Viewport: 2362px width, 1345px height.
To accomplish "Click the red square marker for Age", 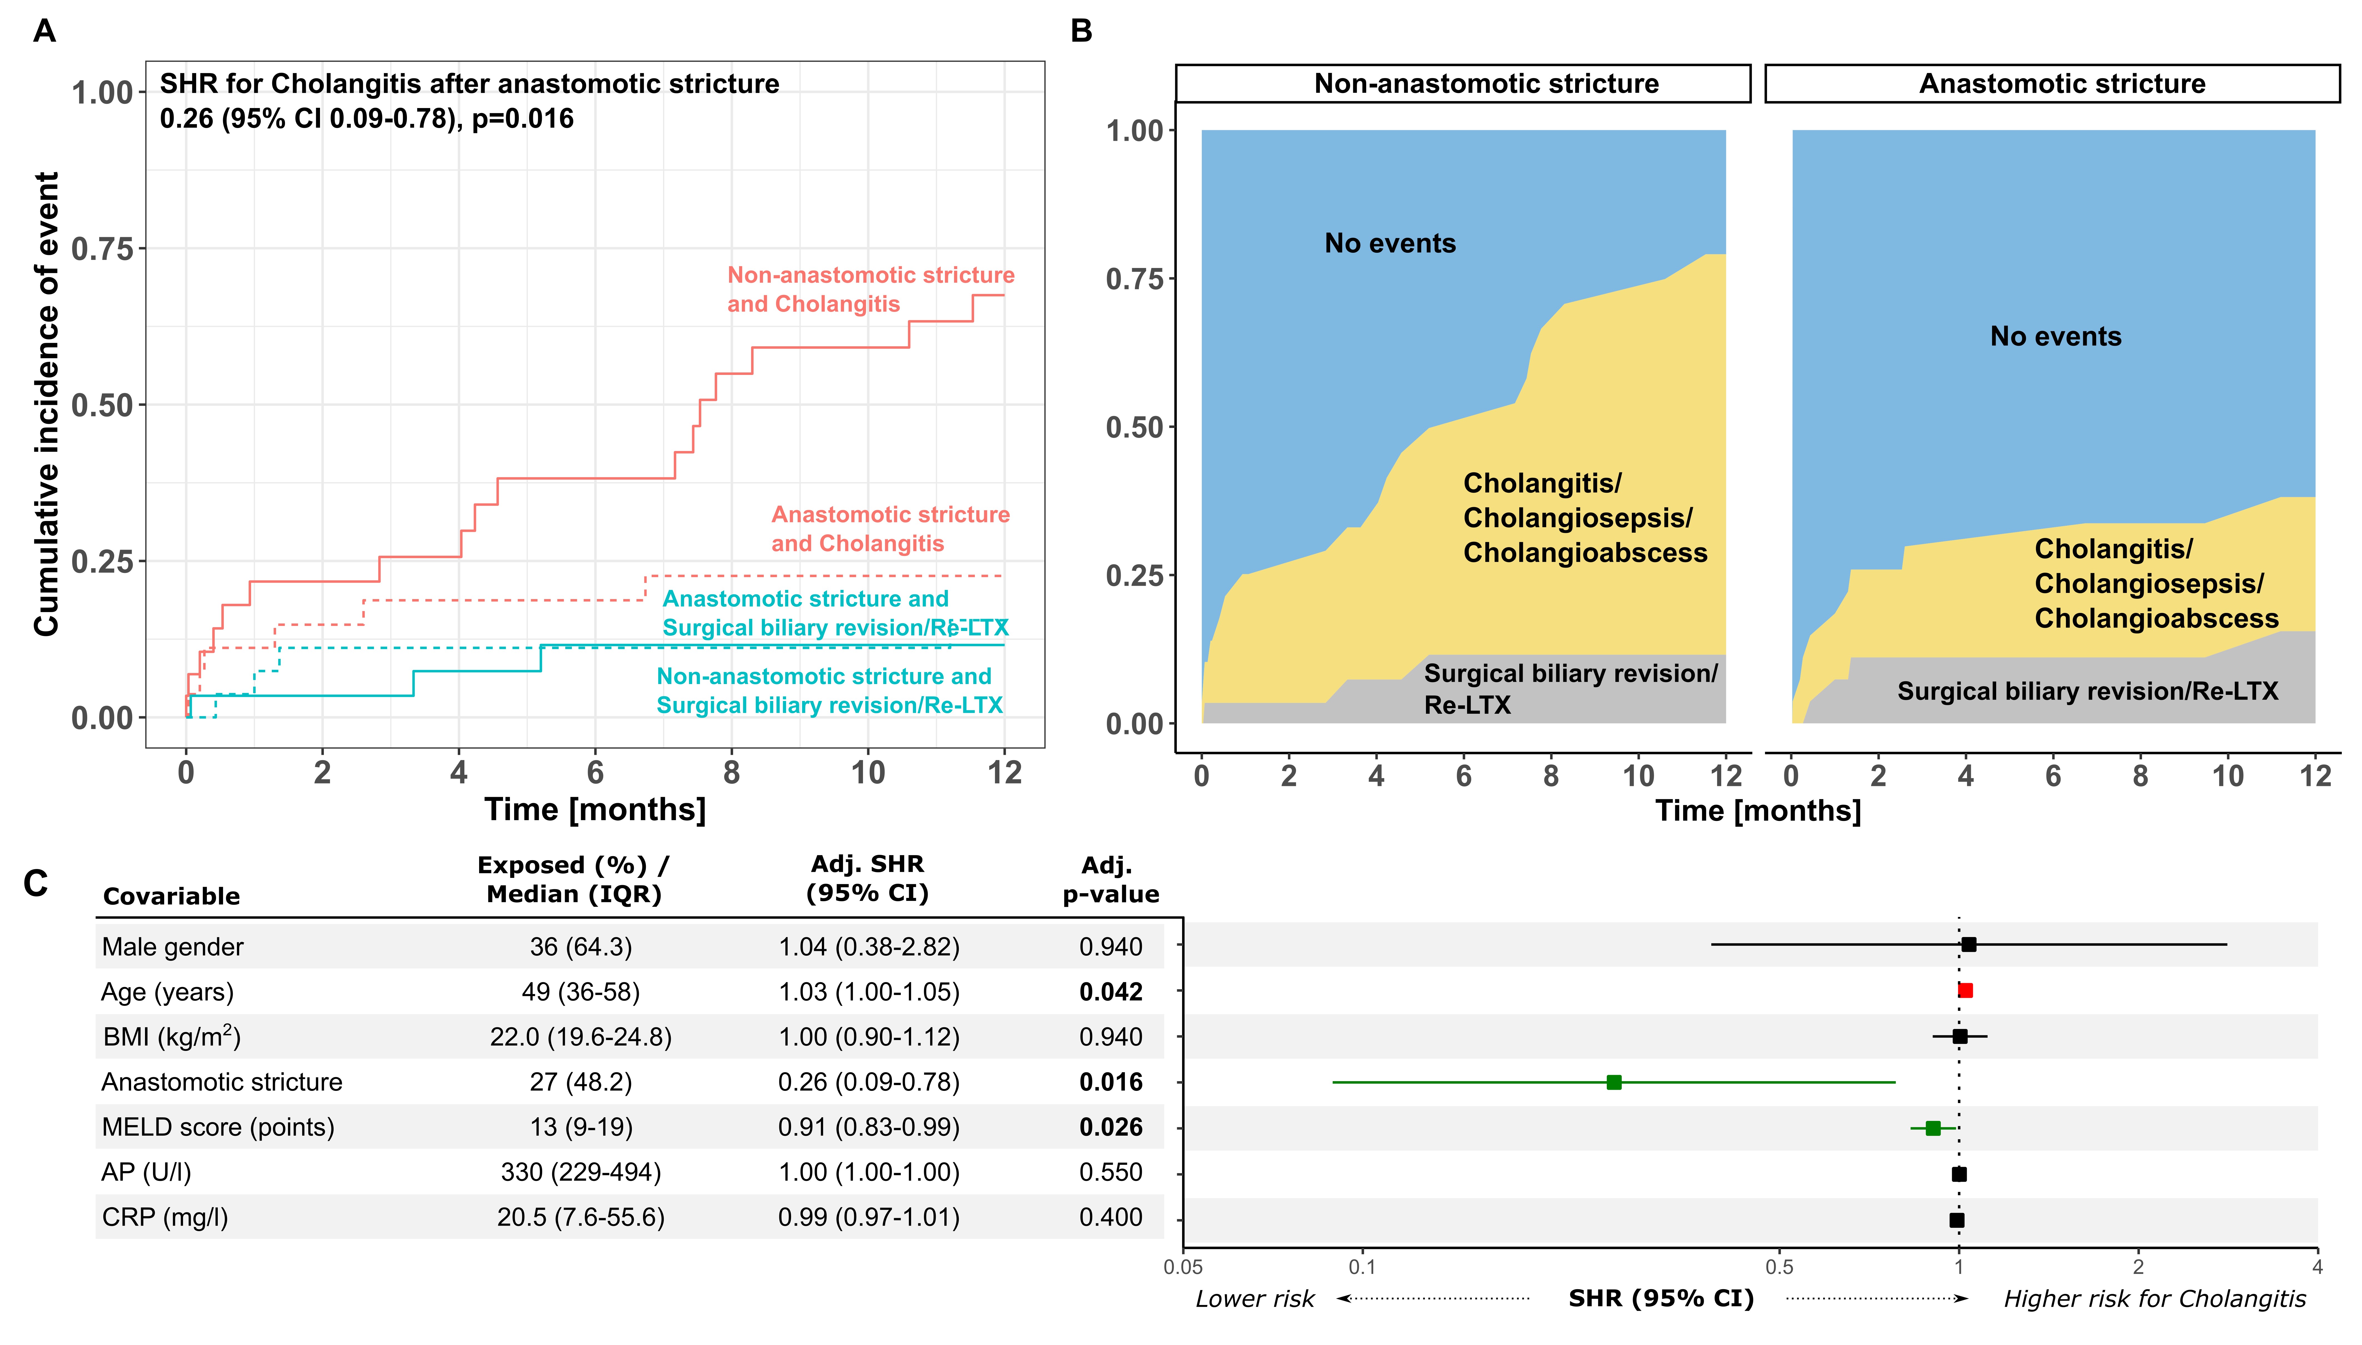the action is [x=1965, y=990].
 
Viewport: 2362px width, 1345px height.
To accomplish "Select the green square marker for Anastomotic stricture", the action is [x=1614, y=1082].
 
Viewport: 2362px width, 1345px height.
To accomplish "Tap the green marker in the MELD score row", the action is [x=1933, y=1128].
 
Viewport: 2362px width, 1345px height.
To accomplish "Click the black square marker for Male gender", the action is [x=1968, y=944].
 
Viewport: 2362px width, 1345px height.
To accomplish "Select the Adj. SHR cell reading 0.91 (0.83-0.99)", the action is [x=868, y=1127].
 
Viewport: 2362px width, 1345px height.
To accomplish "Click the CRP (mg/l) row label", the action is [x=164, y=1218].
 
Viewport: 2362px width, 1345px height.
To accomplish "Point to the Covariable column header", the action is [x=172, y=896].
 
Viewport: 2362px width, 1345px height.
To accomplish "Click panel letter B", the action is [x=1081, y=31].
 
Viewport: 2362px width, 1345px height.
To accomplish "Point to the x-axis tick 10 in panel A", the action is [x=867, y=772].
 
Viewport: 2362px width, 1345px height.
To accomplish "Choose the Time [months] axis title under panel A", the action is [x=595, y=809].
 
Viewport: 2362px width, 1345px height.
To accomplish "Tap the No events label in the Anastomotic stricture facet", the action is [x=2055, y=336].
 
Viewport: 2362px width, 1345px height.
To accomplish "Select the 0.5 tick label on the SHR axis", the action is [x=1779, y=1266].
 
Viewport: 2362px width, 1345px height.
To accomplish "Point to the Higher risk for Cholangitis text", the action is [x=2154, y=1299].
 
